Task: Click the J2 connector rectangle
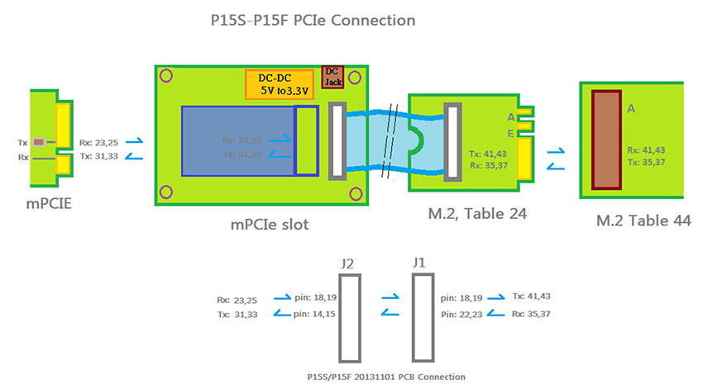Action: [x=350, y=319]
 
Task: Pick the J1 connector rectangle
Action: [x=423, y=319]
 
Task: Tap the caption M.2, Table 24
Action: [x=476, y=214]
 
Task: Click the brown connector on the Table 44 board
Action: [x=608, y=140]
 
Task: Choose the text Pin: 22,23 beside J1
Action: [x=459, y=315]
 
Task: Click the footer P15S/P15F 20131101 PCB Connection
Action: [x=385, y=377]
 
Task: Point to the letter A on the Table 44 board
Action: [x=632, y=108]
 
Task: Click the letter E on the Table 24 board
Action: [x=511, y=132]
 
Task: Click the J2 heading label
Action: [x=348, y=264]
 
